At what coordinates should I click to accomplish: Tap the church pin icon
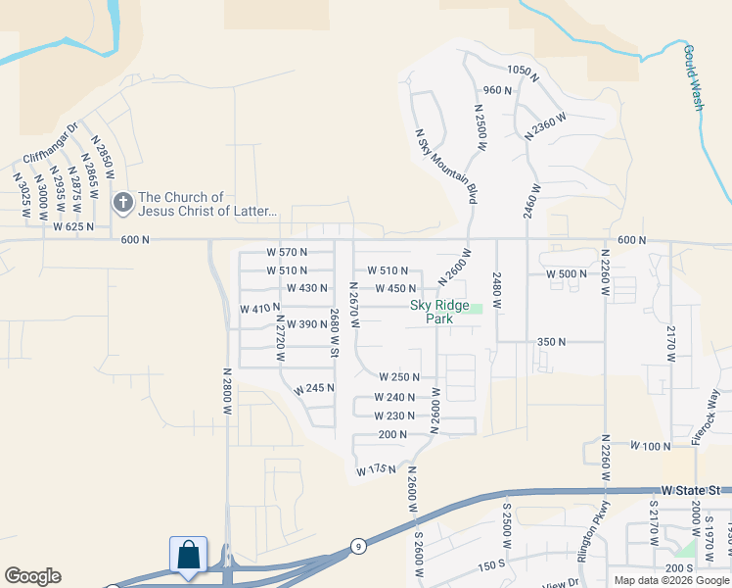click(x=122, y=203)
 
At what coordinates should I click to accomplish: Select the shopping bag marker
click(x=188, y=555)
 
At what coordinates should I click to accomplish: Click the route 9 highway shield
click(x=359, y=546)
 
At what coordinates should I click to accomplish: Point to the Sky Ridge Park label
click(x=439, y=312)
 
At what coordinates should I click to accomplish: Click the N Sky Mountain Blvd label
click(x=446, y=167)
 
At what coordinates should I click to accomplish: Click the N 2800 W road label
click(x=226, y=392)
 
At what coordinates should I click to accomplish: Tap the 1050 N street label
click(x=524, y=71)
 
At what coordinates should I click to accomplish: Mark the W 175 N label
click(x=374, y=470)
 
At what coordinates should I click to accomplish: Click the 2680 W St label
click(x=334, y=332)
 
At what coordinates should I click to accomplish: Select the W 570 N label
click(x=287, y=252)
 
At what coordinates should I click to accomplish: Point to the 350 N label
click(x=552, y=342)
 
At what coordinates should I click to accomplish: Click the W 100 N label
click(x=651, y=446)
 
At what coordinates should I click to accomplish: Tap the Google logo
click(x=32, y=576)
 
